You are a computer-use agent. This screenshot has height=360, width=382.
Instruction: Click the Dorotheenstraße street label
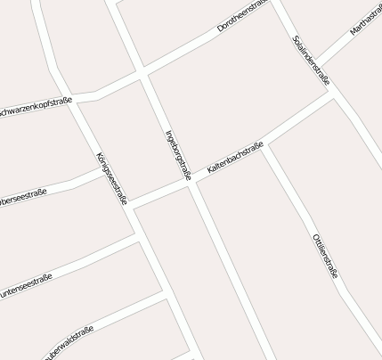[x=242, y=17]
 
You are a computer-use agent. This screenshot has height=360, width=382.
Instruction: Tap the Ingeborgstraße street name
[x=178, y=155]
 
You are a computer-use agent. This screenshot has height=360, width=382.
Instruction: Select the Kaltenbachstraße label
[x=234, y=157]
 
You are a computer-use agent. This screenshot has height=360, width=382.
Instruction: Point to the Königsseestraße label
[x=111, y=178]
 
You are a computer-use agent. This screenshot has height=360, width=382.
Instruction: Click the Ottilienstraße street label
[x=325, y=256]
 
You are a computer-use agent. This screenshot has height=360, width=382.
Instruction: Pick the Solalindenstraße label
[x=311, y=61]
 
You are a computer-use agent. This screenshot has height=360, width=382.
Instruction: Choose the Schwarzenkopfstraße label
[x=36, y=107]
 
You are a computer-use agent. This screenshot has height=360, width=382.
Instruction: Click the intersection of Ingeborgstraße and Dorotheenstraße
[x=142, y=73]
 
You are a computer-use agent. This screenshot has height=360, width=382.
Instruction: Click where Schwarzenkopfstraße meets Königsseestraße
[x=77, y=99]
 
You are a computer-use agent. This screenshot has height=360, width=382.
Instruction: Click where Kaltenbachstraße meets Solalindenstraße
[x=332, y=90]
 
